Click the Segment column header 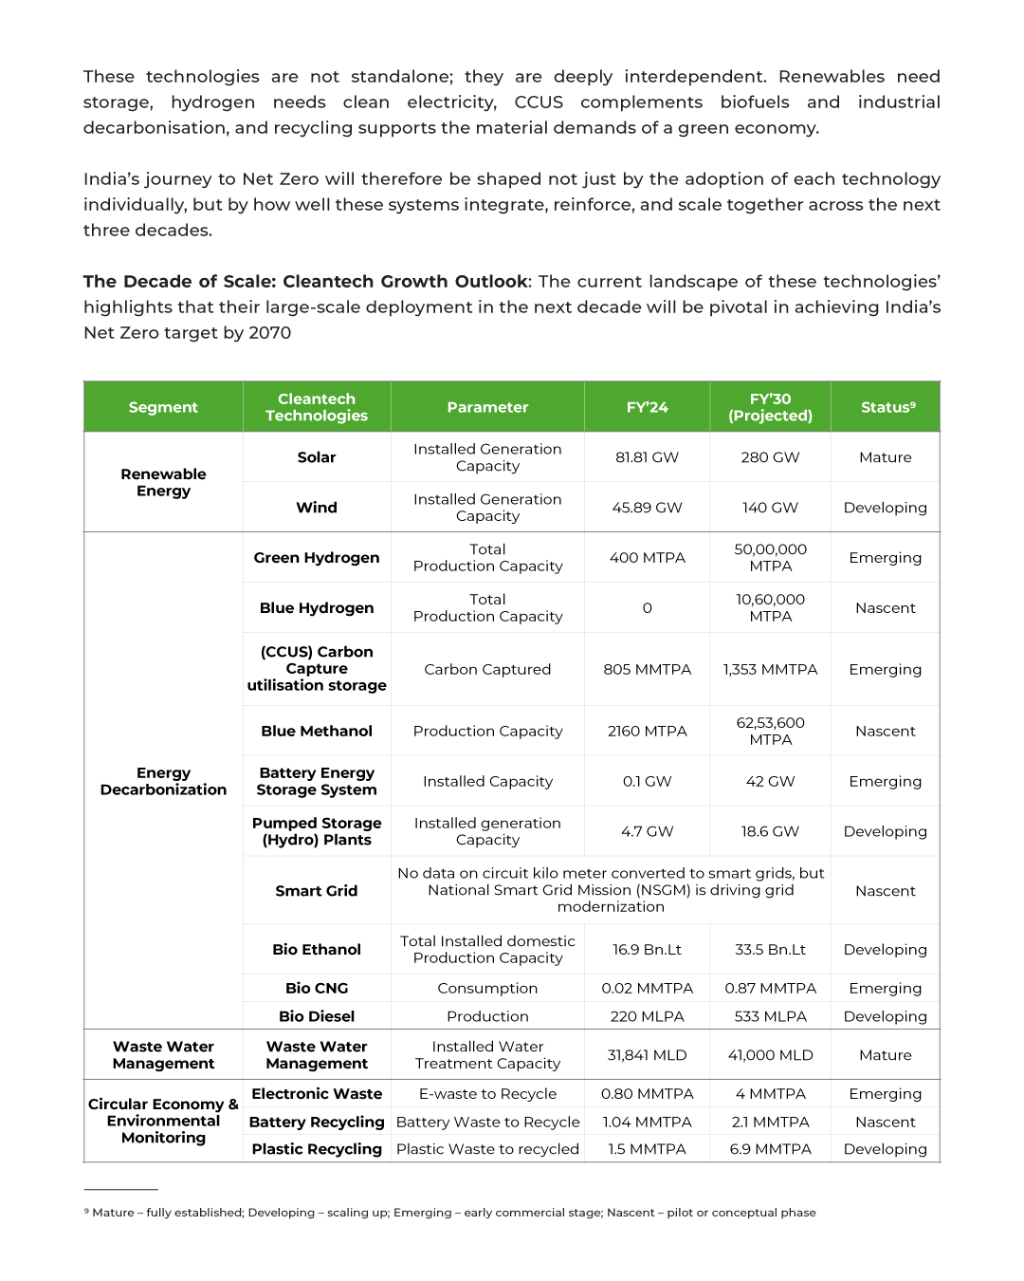(x=163, y=407)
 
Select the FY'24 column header (x=647, y=407)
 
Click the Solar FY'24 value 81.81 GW (x=647, y=457)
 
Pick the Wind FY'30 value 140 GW (x=770, y=508)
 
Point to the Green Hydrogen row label (x=317, y=558)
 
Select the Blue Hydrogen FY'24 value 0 (x=647, y=608)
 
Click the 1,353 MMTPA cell (x=770, y=669)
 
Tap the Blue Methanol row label (x=317, y=731)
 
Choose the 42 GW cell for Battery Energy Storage (x=770, y=781)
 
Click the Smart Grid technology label (x=317, y=891)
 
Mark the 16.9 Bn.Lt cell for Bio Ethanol (x=647, y=950)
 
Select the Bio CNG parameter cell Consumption (x=487, y=988)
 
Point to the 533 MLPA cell (x=770, y=1016)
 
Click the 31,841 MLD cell (x=647, y=1055)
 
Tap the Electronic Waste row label (x=317, y=1094)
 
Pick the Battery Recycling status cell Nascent (x=885, y=1122)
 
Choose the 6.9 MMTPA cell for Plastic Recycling (x=770, y=1149)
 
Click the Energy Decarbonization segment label (x=163, y=781)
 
